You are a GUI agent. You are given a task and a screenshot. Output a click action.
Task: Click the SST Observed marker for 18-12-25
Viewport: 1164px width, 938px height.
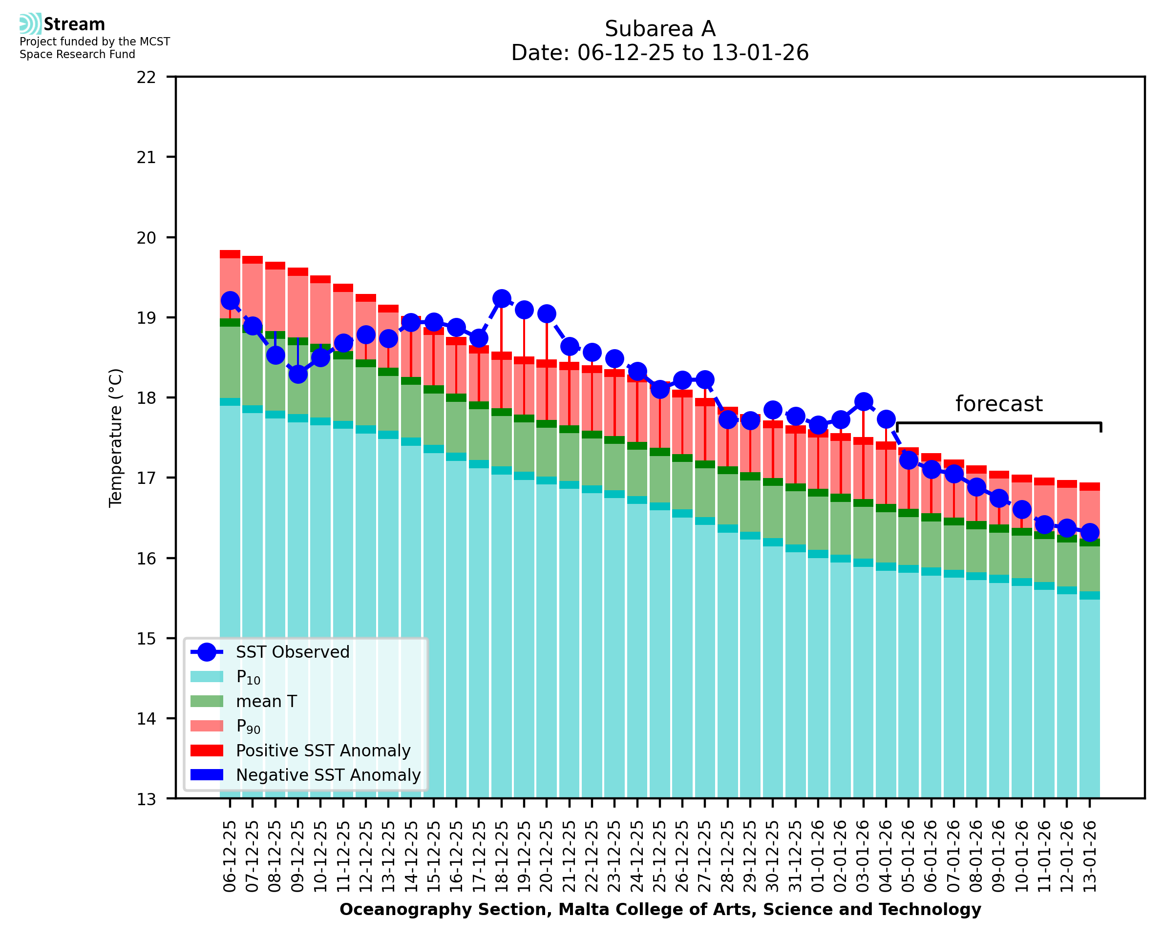pyautogui.click(x=502, y=298)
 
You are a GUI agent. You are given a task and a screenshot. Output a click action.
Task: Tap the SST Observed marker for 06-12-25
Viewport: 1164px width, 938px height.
pyautogui.click(x=230, y=300)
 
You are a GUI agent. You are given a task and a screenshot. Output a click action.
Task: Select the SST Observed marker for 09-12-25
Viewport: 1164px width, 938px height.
pyautogui.click(x=298, y=374)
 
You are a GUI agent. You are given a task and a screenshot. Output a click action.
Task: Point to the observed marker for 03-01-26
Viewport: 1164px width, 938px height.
pyautogui.click(x=863, y=401)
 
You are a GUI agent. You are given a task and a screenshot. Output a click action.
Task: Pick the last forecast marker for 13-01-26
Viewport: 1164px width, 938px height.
pyautogui.click(x=1089, y=532)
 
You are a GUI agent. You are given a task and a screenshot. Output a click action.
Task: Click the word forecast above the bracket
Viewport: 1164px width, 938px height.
pyautogui.click(x=998, y=404)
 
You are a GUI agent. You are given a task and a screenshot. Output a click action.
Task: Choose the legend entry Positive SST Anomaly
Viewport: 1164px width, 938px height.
pyautogui.click(x=322, y=750)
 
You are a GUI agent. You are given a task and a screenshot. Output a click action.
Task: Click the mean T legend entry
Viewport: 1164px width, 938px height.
pyautogui.click(x=266, y=701)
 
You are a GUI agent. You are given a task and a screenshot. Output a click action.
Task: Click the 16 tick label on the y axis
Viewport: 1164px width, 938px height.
pyautogui.click(x=146, y=559)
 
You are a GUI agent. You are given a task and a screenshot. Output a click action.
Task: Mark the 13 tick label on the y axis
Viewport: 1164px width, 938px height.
pyautogui.click(x=146, y=799)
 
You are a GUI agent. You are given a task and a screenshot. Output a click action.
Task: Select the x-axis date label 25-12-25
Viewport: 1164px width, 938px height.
pyautogui.click(x=660, y=856)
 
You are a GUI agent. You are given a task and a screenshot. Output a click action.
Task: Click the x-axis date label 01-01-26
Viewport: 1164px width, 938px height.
pyautogui.click(x=818, y=856)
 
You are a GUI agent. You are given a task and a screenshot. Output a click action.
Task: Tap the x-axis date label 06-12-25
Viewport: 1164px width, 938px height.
pyautogui.click(x=230, y=856)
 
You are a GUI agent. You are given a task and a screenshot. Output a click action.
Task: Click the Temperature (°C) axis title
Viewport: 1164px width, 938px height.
pyautogui.click(x=116, y=438)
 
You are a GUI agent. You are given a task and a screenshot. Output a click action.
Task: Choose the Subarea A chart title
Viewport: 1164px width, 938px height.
pyautogui.click(x=660, y=29)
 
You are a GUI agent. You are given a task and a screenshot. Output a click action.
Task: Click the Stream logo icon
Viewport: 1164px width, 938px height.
pyautogui.click(x=30, y=24)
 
